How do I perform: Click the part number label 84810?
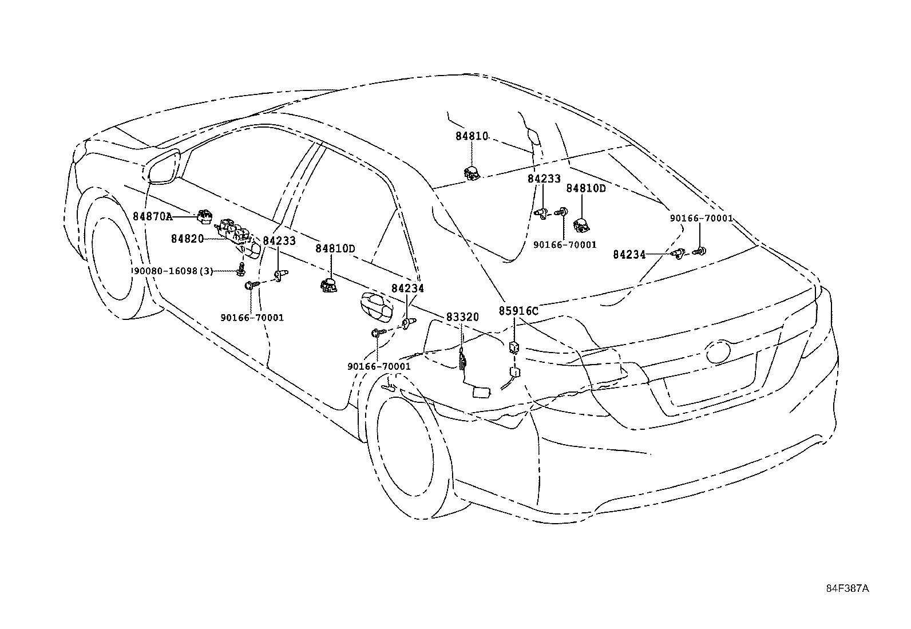(x=472, y=136)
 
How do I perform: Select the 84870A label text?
(x=152, y=216)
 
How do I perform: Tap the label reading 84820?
(x=187, y=238)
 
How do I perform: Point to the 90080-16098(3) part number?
(x=172, y=271)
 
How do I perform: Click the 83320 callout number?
(x=462, y=317)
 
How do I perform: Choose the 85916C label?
(x=518, y=311)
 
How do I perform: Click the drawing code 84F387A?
(x=847, y=588)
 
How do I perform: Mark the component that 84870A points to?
(x=204, y=216)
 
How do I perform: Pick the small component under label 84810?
(x=472, y=172)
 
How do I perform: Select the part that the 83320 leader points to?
(x=462, y=359)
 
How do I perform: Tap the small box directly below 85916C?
(x=514, y=346)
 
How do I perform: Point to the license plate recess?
(x=710, y=383)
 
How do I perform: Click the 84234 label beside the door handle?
(x=407, y=288)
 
